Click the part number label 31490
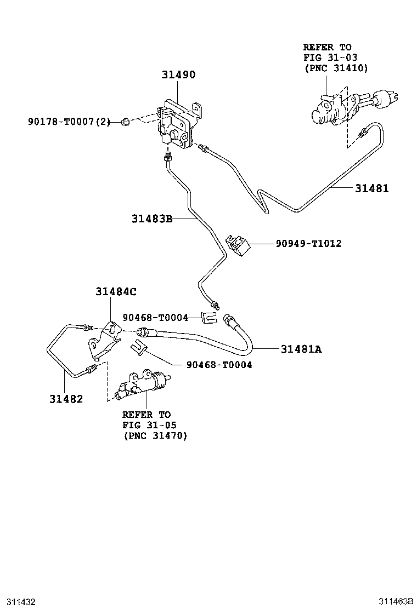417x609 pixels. (x=178, y=75)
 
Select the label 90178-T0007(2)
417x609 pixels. (x=68, y=122)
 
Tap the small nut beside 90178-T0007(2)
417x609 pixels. (x=126, y=122)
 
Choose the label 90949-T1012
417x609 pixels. (x=308, y=243)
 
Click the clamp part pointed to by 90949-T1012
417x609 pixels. (x=238, y=244)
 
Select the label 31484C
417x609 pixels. (x=115, y=292)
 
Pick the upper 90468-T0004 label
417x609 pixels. (x=155, y=317)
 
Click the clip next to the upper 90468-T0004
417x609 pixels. (x=208, y=318)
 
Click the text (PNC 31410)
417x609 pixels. (x=336, y=68)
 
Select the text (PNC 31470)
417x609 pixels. (x=155, y=436)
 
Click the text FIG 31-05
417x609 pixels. (x=149, y=425)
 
